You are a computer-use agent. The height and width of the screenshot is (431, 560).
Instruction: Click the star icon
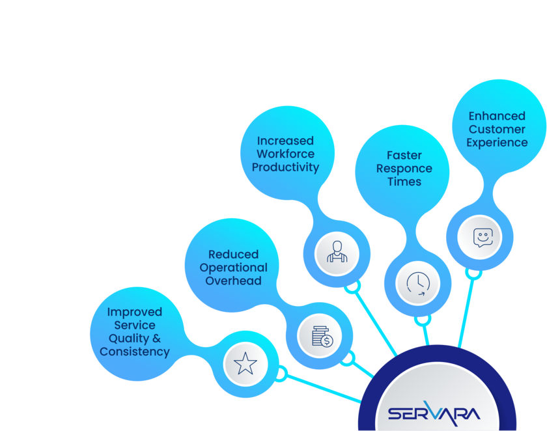(x=245, y=363)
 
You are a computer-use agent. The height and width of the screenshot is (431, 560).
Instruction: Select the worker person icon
(x=337, y=251)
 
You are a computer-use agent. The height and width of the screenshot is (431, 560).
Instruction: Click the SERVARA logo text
(x=434, y=412)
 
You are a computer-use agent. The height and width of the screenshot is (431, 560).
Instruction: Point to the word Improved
(x=134, y=312)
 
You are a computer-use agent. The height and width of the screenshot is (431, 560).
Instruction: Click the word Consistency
(x=134, y=352)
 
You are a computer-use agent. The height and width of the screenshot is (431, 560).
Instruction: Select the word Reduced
(x=233, y=255)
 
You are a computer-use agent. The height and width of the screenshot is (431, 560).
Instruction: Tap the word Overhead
(x=233, y=281)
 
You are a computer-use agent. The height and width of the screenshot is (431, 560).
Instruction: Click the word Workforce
(x=285, y=154)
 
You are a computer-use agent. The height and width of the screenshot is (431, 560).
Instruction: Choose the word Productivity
(x=285, y=167)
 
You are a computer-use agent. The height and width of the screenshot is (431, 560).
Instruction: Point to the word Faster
(x=404, y=155)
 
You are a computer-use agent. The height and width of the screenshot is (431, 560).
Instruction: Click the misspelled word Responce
(x=404, y=169)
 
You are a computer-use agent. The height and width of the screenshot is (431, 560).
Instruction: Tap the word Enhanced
(x=496, y=116)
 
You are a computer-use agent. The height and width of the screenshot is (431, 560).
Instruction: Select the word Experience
(x=496, y=143)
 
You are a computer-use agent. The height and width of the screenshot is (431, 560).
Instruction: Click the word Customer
(x=496, y=130)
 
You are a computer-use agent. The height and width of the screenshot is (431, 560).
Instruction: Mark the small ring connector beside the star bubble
(x=282, y=373)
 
